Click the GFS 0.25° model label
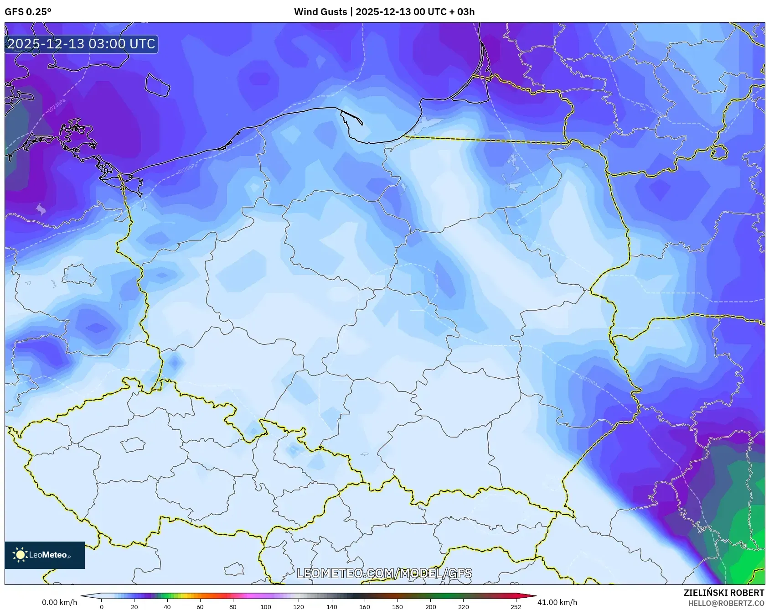click(x=28, y=12)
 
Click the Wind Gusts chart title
click(x=384, y=12)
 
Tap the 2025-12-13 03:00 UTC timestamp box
click(x=81, y=44)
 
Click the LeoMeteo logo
click(x=44, y=555)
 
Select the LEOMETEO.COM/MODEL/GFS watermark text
click(x=384, y=573)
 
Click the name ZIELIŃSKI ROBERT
click(x=723, y=593)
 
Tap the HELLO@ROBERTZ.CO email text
click(x=726, y=603)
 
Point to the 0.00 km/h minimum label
click(x=59, y=602)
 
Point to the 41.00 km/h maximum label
click(x=557, y=602)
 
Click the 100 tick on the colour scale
click(x=266, y=607)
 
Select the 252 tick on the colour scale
click(x=516, y=607)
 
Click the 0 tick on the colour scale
click(x=101, y=607)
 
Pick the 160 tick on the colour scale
click(x=364, y=607)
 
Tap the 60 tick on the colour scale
click(x=200, y=607)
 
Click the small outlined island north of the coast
click(x=157, y=85)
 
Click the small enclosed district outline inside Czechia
click(x=133, y=444)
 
